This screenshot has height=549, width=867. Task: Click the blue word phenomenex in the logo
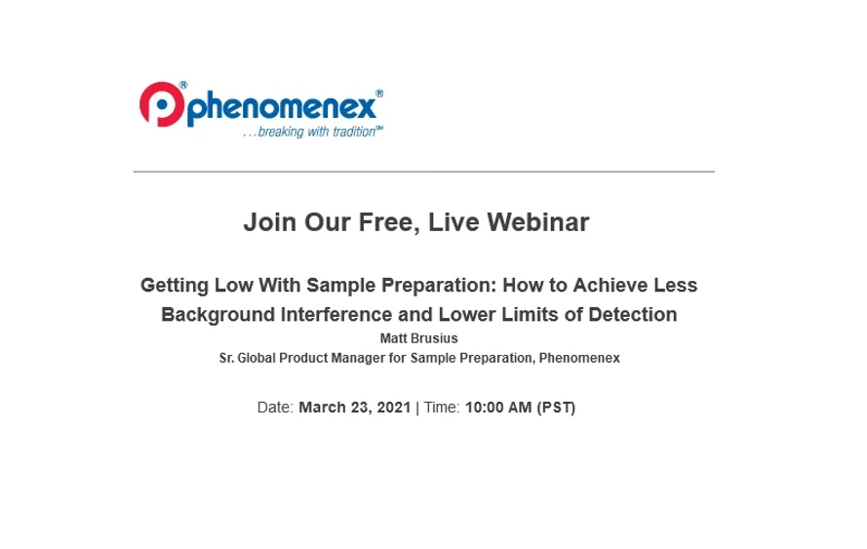click(282, 107)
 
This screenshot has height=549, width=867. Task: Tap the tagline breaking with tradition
click(314, 133)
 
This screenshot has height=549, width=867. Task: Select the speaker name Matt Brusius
click(418, 338)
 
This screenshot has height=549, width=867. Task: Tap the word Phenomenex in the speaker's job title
click(579, 358)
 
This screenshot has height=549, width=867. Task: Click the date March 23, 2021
click(355, 408)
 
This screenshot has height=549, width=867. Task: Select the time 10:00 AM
click(498, 408)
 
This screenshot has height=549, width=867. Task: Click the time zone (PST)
click(556, 408)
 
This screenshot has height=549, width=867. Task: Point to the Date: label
click(276, 408)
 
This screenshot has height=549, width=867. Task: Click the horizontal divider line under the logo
click(423, 172)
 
